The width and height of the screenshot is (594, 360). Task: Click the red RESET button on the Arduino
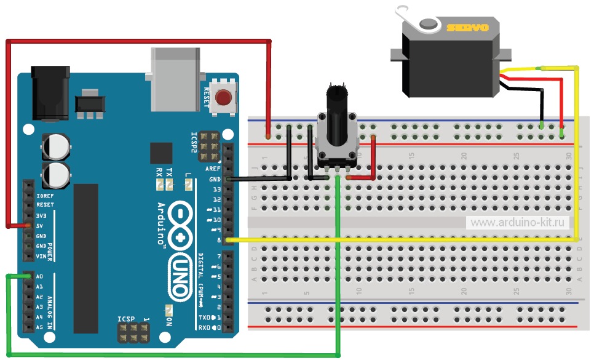[x=225, y=98]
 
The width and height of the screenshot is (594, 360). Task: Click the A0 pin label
[x=39, y=277]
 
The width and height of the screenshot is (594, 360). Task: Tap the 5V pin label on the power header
[x=40, y=226]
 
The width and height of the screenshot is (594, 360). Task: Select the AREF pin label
[x=213, y=169]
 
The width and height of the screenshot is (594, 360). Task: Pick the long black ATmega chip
[x=85, y=258]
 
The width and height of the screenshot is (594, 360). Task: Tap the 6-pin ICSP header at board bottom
[x=132, y=333]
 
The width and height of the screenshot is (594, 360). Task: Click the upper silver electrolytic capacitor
[x=55, y=146]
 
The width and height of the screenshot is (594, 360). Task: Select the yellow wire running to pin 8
[x=400, y=239]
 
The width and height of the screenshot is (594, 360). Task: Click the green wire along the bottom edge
[x=172, y=355]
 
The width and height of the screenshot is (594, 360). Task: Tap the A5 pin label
[x=39, y=327]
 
